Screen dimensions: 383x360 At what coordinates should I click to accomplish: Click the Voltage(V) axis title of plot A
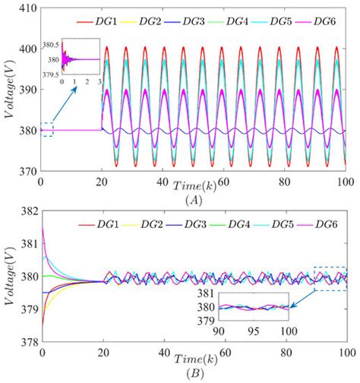point(9,89)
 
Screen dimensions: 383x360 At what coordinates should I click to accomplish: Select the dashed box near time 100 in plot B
point(330,278)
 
